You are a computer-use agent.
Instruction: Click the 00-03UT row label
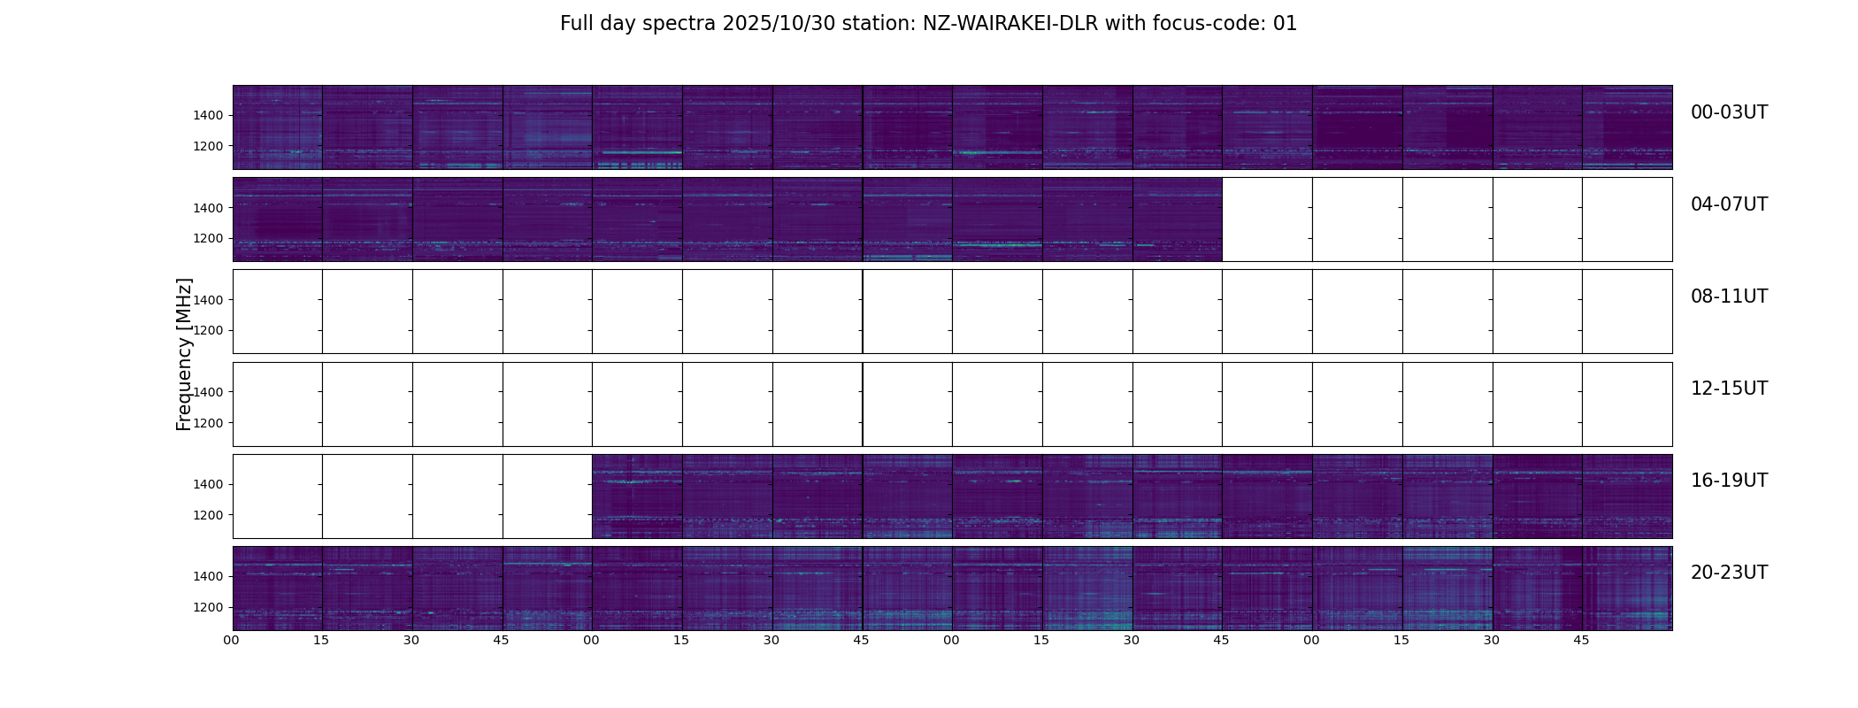pyautogui.click(x=1728, y=112)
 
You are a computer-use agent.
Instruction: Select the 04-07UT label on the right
pyautogui.click(x=1728, y=204)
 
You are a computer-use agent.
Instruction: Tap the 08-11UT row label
pyautogui.click(x=1728, y=296)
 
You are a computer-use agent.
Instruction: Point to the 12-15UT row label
pyautogui.click(x=1728, y=389)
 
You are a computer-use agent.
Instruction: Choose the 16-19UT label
pyautogui.click(x=1728, y=481)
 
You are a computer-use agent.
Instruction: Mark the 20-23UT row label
pyautogui.click(x=1728, y=573)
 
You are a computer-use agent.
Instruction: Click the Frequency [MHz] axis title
pyautogui.click(x=184, y=354)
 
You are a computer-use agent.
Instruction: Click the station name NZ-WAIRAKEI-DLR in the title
pyautogui.click(x=1010, y=24)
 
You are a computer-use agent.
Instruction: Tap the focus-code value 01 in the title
pyautogui.click(x=1285, y=24)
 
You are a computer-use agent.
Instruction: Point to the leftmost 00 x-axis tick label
pyautogui.click(x=232, y=640)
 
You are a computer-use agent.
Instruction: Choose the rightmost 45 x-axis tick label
pyautogui.click(x=1581, y=640)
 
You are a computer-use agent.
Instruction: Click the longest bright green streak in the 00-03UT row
pyautogui.click(x=640, y=152)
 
